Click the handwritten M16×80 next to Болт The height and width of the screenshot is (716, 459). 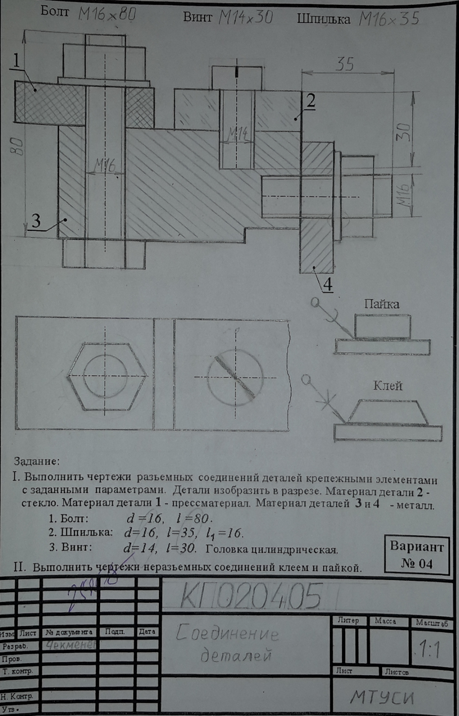pos(107,15)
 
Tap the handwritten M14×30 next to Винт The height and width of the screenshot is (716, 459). pos(245,17)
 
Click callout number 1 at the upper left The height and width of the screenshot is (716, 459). pos(17,60)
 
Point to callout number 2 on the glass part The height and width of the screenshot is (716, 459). pos(310,101)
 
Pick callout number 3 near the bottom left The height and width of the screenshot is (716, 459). pos(36,220)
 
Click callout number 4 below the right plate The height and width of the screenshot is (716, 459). pos(328,285)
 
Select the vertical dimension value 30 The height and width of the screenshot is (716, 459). pos(404,132)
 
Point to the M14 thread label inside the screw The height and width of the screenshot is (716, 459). pos(237,133)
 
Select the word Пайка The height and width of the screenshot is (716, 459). pos(381,304)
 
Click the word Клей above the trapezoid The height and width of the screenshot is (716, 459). pos(388,385)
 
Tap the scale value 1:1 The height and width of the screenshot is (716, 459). pos(428,650)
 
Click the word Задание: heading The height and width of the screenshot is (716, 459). pos(37,461)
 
